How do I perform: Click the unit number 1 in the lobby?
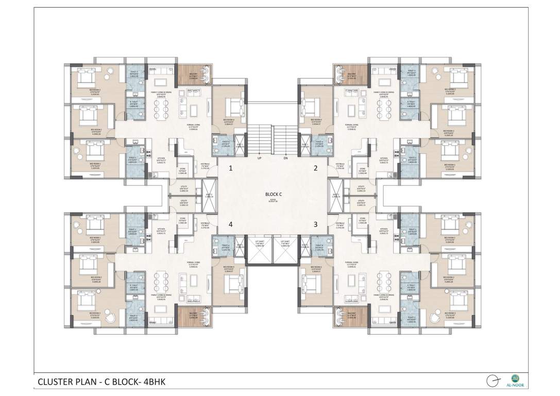coord(231,168)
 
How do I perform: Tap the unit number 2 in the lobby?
coord(316,168)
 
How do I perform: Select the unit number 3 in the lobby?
coord(316,224)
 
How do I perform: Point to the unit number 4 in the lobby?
coord(231,224)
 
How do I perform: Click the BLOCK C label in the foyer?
coord(274,194)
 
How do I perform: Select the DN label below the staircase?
coord(285,158)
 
